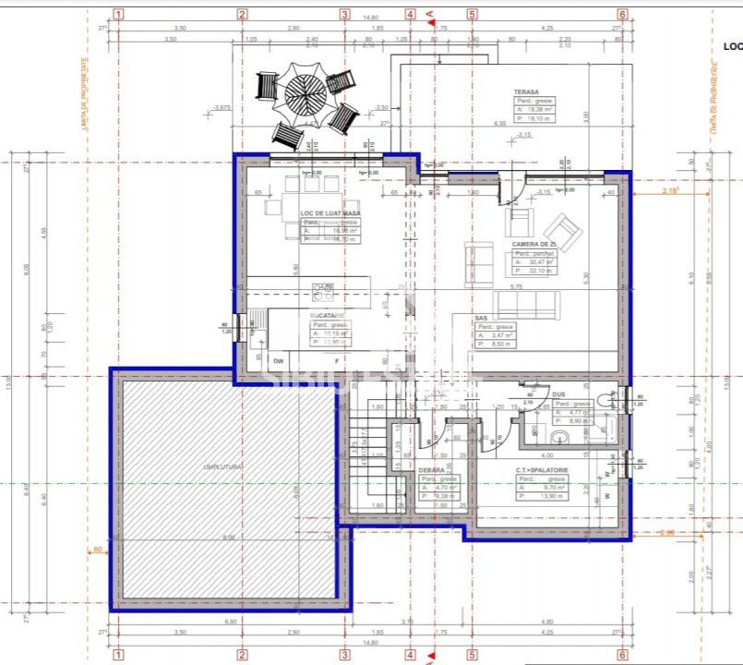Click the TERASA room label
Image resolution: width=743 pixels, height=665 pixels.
[x=527, y=92]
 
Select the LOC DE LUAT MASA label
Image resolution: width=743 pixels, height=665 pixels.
[x=330, y=213]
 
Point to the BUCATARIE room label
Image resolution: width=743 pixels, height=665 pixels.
[x=327, y=316]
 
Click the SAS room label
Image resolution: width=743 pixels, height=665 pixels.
[x=481, y=318]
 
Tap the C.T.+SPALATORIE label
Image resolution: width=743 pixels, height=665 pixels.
[x=543, y=470]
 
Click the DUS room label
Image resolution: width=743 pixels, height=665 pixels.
[x=558, y=394]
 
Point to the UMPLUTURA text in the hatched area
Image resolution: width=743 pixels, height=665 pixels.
[x=222, y=467]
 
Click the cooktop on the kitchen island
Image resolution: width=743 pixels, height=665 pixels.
[x=323, y=292]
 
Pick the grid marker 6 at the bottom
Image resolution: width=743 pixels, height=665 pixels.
[x=622, y=655]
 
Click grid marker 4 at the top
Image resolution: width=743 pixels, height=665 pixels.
[x=410, y=14]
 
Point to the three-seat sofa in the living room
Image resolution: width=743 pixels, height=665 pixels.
[x=525, y=304]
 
